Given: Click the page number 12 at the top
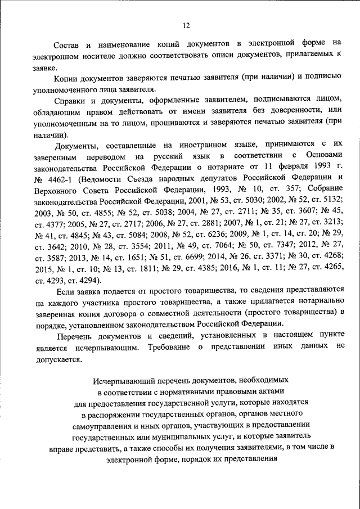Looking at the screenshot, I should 186,25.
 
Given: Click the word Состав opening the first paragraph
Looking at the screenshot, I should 66,43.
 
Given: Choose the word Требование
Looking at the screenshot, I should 168,348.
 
